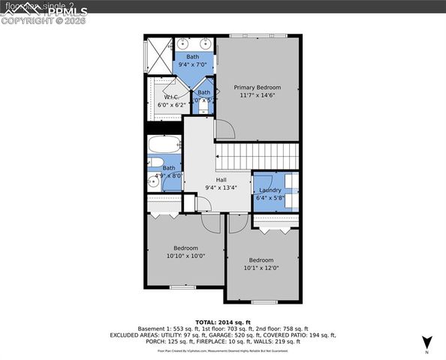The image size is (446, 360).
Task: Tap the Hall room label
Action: click(221, 180)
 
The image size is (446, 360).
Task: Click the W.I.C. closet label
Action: click(171, 97)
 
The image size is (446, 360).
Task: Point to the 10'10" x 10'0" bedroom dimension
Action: click(185, 256)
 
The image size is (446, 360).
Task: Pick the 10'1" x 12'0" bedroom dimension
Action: click(261, 268)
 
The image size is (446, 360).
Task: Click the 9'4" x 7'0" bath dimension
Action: click(193, 65)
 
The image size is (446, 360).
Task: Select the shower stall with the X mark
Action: click(158, 53)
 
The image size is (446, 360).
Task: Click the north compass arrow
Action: click(426, 342)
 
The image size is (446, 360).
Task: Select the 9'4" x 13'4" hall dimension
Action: click(221, 188)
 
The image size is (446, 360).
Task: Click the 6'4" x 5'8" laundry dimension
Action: click(270, 199)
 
